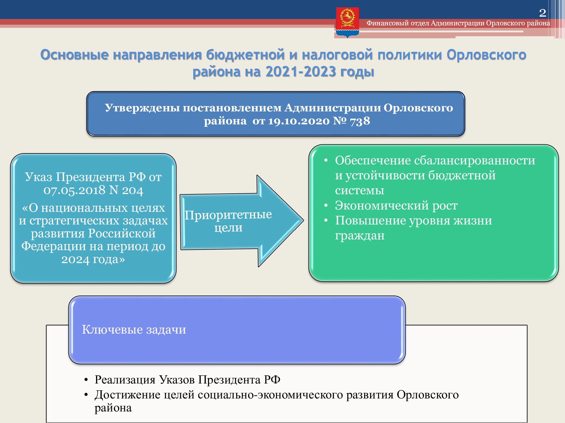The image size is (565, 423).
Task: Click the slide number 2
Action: pyautogui.click(x=543, y=13)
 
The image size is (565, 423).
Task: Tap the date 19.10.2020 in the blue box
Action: pyautogui.click(x=299, y=121)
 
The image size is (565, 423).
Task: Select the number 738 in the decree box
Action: pyautogui.click(x=360, y=121)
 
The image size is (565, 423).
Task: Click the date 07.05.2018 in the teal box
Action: pyautogui.click(x=74, y=190)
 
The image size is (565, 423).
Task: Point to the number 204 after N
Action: pyautogui.click(x=132, y=190)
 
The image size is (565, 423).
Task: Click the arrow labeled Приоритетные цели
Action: pyautogui.click(x=242, y=221)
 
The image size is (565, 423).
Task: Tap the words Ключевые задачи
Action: pyautogui.click(x=134, y=329)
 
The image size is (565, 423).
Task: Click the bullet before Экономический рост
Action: pyautogui.click(x=326, y=205)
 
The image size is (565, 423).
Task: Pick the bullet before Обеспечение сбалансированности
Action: pyautogui.click(x=326, y=160)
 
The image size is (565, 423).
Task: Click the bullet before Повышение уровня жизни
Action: pyautogui.click(x=326, y=220)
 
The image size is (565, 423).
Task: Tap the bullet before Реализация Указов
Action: pyautogui.click(x=86, y=380)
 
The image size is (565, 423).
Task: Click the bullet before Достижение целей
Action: pyautogui.click(x=86, y=395)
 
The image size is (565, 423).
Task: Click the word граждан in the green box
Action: pyautogui.click(x=360, y=236)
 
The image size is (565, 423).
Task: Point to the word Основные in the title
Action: pyautogui.click(x=74, y=54)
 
